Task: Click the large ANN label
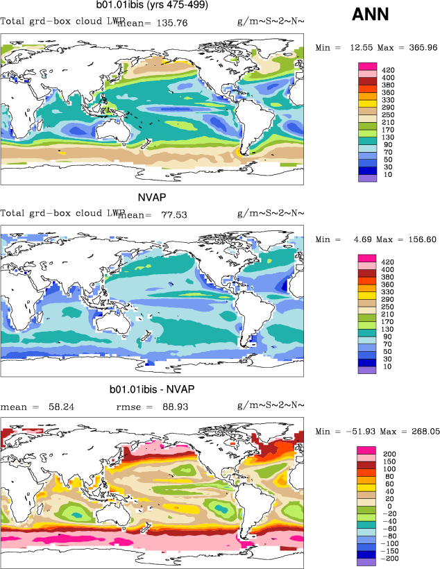pyautogui.click(x=371, y=14)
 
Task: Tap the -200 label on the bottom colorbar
pyautogui.click(x=389, y=558)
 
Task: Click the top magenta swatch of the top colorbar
pyautogui.click(x=367, y=67)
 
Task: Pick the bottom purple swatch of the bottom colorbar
pyautogui.click(x=367, y=562)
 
